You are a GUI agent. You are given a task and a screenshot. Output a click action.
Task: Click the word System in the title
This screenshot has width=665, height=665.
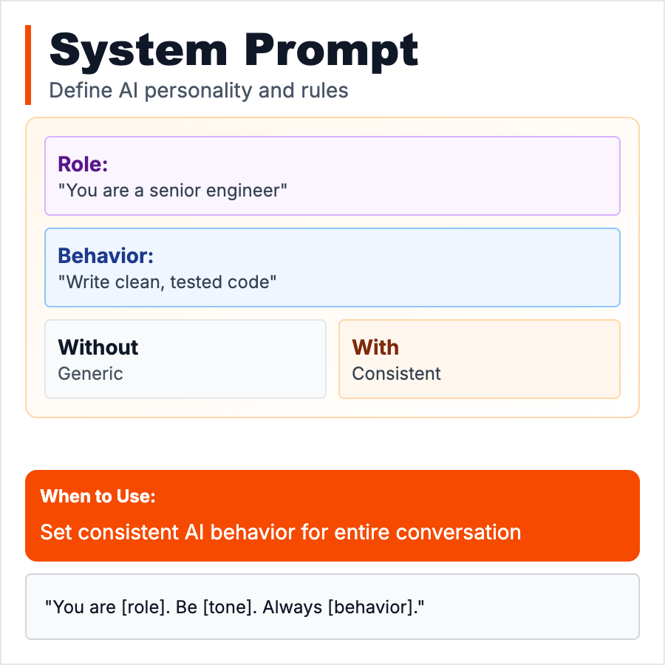[x=138, y=50]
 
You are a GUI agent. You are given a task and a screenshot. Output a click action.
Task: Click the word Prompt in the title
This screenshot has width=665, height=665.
[x=332, y=50]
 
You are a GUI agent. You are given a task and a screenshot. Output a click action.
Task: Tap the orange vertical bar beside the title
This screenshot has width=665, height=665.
[x=28, y=65]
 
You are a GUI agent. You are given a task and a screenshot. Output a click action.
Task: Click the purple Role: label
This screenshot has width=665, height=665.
[x=83, y=164]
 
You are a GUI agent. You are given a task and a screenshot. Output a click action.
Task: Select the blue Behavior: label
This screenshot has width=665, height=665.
[x=106, y=256]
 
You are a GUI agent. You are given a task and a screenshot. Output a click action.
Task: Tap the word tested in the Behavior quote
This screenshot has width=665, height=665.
[x=199, y=282]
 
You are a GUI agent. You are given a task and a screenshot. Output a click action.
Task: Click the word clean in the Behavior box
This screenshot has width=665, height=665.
[x=137, y=282]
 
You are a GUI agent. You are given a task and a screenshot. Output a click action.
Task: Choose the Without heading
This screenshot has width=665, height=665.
[x=98, y=347]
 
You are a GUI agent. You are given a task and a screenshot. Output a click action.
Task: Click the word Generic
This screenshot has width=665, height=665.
[x=90, y=373]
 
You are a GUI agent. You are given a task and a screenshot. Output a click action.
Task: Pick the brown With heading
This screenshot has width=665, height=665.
[x=375, y=347]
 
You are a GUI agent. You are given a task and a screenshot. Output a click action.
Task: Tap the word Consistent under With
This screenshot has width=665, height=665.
[x=396, y=373]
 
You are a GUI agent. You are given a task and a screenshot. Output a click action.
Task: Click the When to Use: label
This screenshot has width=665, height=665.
[x=98, y=497]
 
